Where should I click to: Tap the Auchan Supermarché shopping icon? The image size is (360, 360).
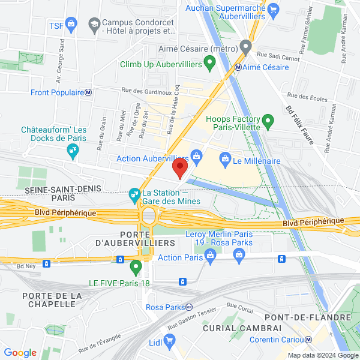274,9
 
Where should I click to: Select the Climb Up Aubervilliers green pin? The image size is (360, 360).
209,62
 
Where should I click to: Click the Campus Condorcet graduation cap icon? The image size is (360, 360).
94,24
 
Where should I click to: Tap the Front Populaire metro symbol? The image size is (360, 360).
88,92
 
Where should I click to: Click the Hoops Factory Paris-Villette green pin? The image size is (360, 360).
268,124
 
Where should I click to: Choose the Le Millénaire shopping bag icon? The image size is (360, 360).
226,160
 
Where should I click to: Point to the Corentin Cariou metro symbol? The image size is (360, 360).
308,339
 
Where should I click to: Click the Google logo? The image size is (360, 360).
20,353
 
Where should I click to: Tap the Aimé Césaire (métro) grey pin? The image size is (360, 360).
245,46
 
